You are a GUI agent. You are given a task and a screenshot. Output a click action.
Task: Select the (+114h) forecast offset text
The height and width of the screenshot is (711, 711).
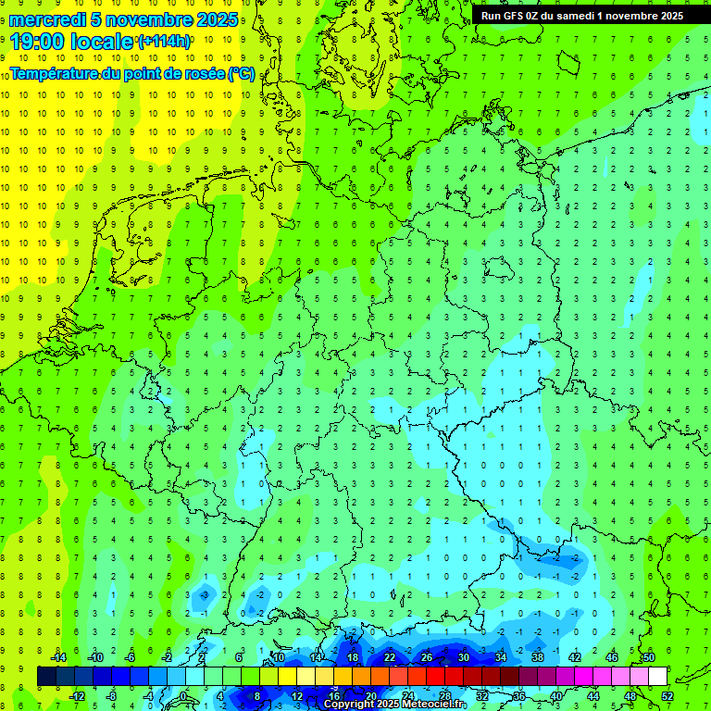click(164, 42)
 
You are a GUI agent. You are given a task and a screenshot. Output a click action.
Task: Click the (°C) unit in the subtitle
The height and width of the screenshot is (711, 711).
click(242, 73)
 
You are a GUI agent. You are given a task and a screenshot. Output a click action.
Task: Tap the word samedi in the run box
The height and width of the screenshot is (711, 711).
click(575, 16)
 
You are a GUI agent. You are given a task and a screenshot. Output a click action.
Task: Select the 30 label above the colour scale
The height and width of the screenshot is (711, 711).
click(463, 657)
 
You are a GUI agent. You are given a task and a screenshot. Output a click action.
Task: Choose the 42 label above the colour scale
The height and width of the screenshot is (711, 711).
click(574, 657)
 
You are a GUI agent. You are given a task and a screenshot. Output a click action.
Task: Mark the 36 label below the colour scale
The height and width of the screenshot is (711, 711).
click(518, 695)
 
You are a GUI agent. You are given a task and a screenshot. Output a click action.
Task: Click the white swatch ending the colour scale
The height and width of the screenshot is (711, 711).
click(657, 676)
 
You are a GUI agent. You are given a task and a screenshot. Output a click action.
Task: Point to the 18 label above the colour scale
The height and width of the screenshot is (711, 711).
click(352, 657)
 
